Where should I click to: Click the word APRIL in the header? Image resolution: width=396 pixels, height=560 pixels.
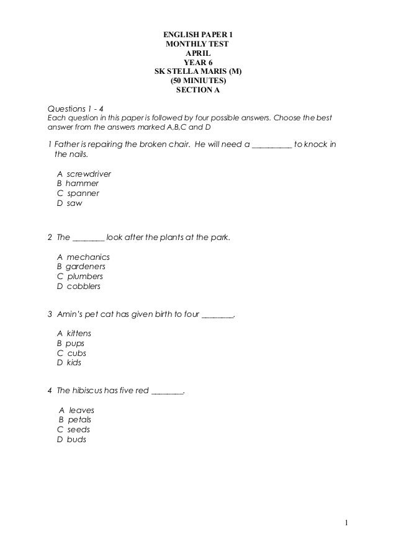pyautogui.click(x=198, y=53)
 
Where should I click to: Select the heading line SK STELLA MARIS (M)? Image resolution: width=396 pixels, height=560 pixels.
pyautogui.click(x=198, y=71)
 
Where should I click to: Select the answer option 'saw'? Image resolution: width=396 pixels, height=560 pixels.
pyautogui.click(x=74, y=203)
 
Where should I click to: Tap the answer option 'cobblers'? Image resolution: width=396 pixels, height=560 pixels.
pyautogui.click(x=83, y=287)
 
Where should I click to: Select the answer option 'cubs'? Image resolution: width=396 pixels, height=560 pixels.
pyautogui.click(x=76, y=352)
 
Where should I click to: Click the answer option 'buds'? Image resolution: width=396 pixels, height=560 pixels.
pyautogui.click(x=76, y=439)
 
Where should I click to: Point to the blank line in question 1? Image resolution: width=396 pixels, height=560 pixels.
pyautogui.click(x=271, y=146)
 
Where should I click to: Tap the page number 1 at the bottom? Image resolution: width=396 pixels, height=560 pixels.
pyautogui.click(x=348, y=529)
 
